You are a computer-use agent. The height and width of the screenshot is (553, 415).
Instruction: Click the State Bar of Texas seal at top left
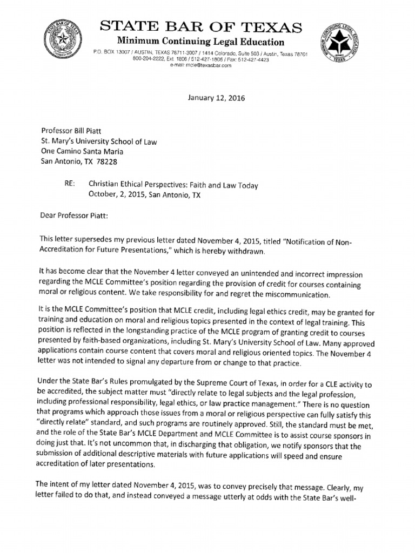[64, 38]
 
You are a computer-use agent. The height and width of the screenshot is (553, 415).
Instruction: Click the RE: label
[69, 185]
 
